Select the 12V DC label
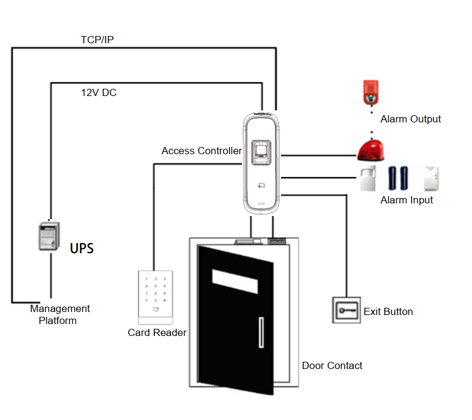(98, 92)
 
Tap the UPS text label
(82, 248)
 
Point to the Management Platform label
(59, 314)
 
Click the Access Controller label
(201, 151)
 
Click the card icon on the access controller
(261, 186)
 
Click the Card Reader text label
(157, 332)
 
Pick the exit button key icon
(346, 311)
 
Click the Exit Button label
(388, 311)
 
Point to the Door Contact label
(332, 365)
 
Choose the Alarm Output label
(411, 119)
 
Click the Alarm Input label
(407, 200)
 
